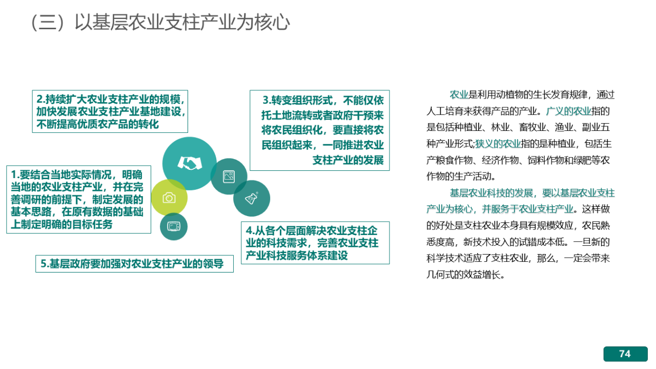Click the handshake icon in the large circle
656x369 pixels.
point(190,163)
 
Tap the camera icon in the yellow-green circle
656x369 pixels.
point(169,198)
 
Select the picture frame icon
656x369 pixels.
point(229,177)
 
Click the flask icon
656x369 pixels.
point(252,198)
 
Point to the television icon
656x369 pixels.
point(174,226)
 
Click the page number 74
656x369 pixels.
point(625,354)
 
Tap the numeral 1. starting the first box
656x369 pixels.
point(15,175)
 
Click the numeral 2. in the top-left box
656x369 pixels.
point(40,100)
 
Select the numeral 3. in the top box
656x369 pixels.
point(267,100)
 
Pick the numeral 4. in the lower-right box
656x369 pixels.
point(250,230)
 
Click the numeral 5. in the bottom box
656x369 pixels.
point(45,264)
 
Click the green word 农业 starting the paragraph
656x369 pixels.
point(459,95)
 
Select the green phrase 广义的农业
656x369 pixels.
point(569,111)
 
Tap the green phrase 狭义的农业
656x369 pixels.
point(498,144)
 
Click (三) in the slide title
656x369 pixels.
point(48,22)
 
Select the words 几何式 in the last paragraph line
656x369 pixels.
point(440,275)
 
